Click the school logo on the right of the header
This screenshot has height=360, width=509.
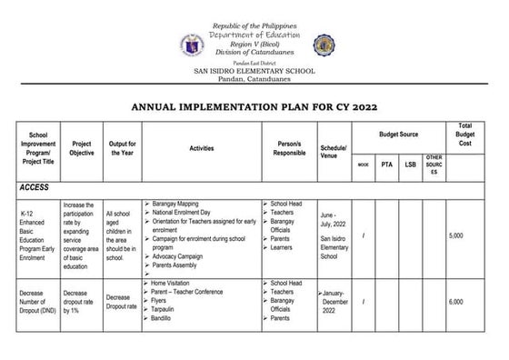(x=324, y=45)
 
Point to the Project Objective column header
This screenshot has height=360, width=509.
(x=82, y=147)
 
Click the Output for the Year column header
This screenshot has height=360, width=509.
(x=122, y=147)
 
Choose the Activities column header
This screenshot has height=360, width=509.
(x=202, y=147)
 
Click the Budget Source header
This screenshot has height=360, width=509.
(x=399, y=135)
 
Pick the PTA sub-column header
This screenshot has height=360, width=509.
(x=387, y=165)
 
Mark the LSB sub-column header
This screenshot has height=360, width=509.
(x=411, y=165)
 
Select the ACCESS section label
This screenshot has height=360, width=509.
(x=35, y=186)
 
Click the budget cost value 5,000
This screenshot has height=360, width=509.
(x=456, y=236)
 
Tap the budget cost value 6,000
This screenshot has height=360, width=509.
(x=456, y=302)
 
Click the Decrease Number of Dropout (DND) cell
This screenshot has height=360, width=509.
(x=36, y=302)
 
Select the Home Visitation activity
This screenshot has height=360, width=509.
(x=173, y=283)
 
